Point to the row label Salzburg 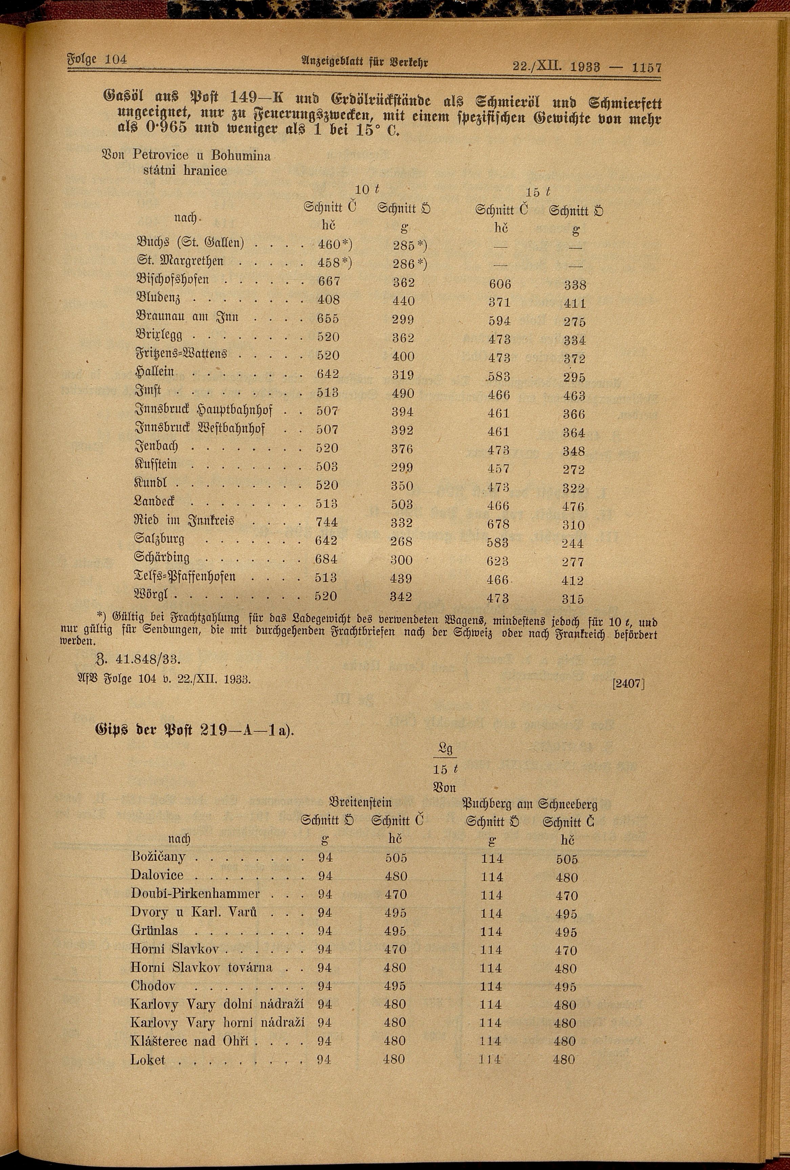[159, 540]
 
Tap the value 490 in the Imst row [403, 393]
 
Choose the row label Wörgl [154, 595]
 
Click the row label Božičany [157, 857]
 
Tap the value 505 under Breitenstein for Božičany [396, 858]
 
